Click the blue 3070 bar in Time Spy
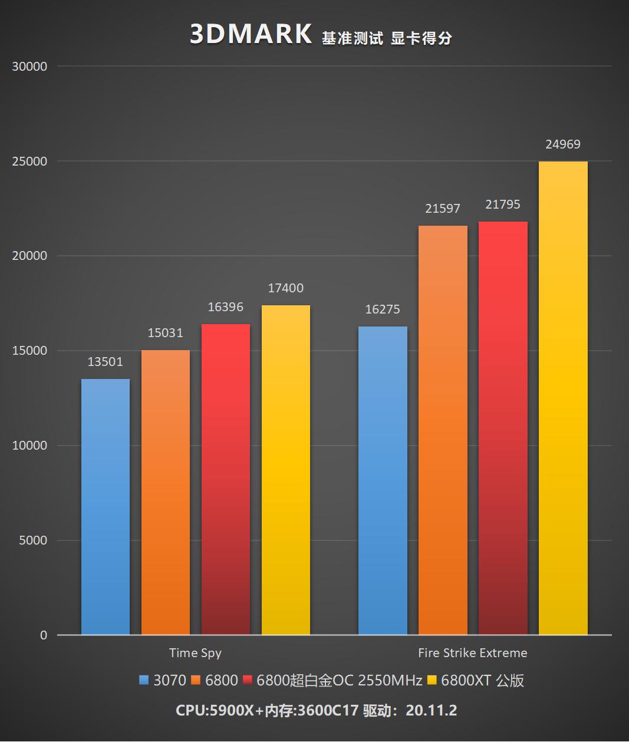point(106,507)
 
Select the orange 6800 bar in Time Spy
point(166,492)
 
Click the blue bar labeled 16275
point(383,480)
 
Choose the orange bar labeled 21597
point(443,430)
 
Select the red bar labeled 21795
point(503,428)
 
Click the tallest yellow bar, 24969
point(563,398)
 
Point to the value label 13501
point(106,362)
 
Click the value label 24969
point(563,144)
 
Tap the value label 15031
point(166,333)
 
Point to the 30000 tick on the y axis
point(29,67)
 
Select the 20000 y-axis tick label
point(29,256)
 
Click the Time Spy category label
point(195,653)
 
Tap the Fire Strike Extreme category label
point(472,653)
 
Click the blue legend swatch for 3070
point(144,681)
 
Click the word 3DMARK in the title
point(251,35)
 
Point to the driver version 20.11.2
point(431,710)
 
